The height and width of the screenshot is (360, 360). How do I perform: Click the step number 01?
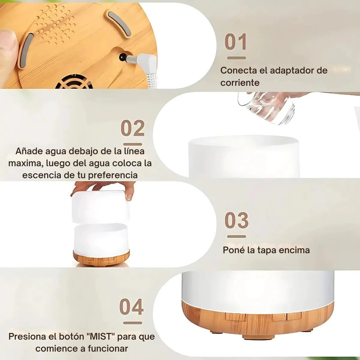(x=235, y=41)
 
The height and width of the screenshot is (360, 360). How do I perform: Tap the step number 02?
(x=133, y=128)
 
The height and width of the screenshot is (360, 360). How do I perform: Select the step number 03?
(x=237, y=220)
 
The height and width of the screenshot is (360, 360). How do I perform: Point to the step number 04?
(x=131, y=306)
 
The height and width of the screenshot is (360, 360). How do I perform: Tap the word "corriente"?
(x=240, y=83)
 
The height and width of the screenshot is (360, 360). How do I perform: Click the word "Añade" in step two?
(x=29, y=151)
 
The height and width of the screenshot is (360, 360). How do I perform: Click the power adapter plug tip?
(x=123, y=57)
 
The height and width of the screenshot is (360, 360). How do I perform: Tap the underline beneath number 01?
(x=237, y=58)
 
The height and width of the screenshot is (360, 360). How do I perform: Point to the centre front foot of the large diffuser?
(x=259, y=337)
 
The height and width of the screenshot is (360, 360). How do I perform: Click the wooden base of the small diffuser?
(x=101, y=258)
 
